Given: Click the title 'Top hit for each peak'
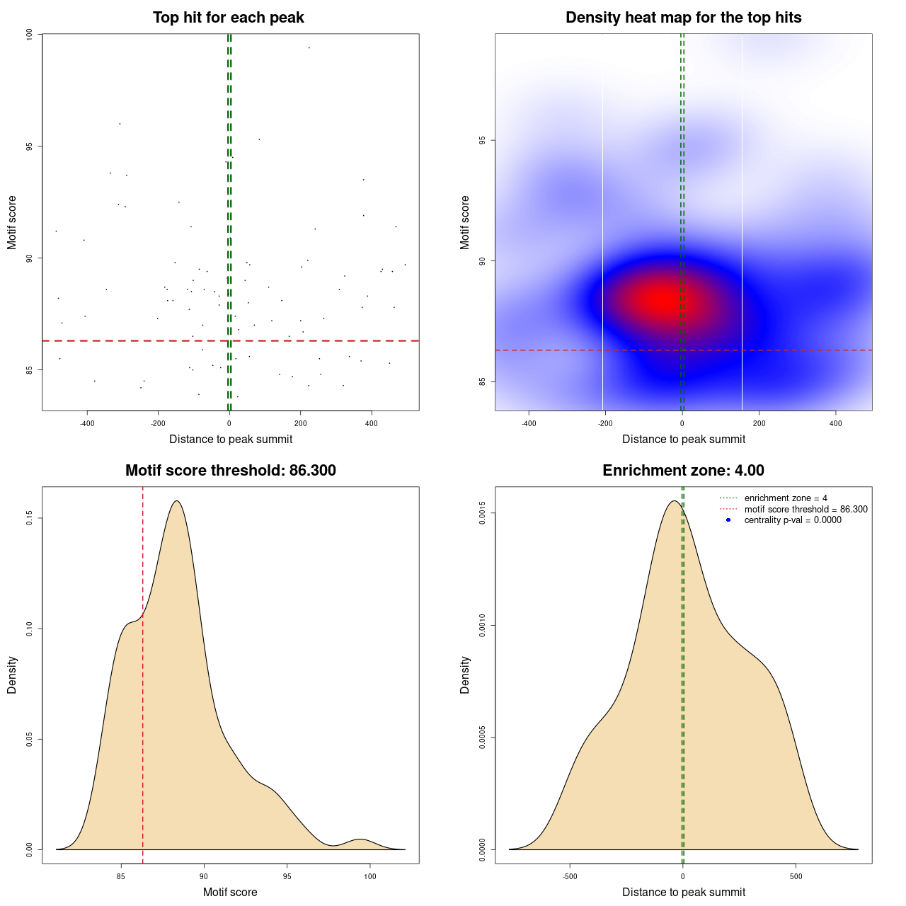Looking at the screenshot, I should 228,18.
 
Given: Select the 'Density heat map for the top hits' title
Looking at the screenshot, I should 683,18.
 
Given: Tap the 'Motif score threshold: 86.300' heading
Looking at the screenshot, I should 230,471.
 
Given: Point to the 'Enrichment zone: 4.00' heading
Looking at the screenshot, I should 683,471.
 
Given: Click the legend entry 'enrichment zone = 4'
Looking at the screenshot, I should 786,498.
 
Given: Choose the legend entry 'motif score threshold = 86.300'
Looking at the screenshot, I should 805,509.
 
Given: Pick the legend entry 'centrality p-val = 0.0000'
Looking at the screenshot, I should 793,520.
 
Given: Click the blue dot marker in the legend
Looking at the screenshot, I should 728,520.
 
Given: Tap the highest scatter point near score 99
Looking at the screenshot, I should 309,47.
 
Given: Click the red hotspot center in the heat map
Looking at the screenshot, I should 658,299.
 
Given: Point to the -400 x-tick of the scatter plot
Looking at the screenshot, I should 87,423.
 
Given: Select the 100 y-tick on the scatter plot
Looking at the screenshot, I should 29,35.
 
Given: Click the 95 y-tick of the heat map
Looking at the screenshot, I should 482,140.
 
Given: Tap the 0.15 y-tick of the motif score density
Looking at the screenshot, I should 29,519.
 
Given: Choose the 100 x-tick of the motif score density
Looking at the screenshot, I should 369,876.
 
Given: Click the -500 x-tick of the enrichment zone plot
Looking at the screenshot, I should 570,876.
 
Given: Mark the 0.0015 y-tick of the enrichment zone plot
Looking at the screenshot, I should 482,513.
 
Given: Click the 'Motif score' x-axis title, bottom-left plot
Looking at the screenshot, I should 230,892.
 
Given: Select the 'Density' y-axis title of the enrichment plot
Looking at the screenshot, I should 465,675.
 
